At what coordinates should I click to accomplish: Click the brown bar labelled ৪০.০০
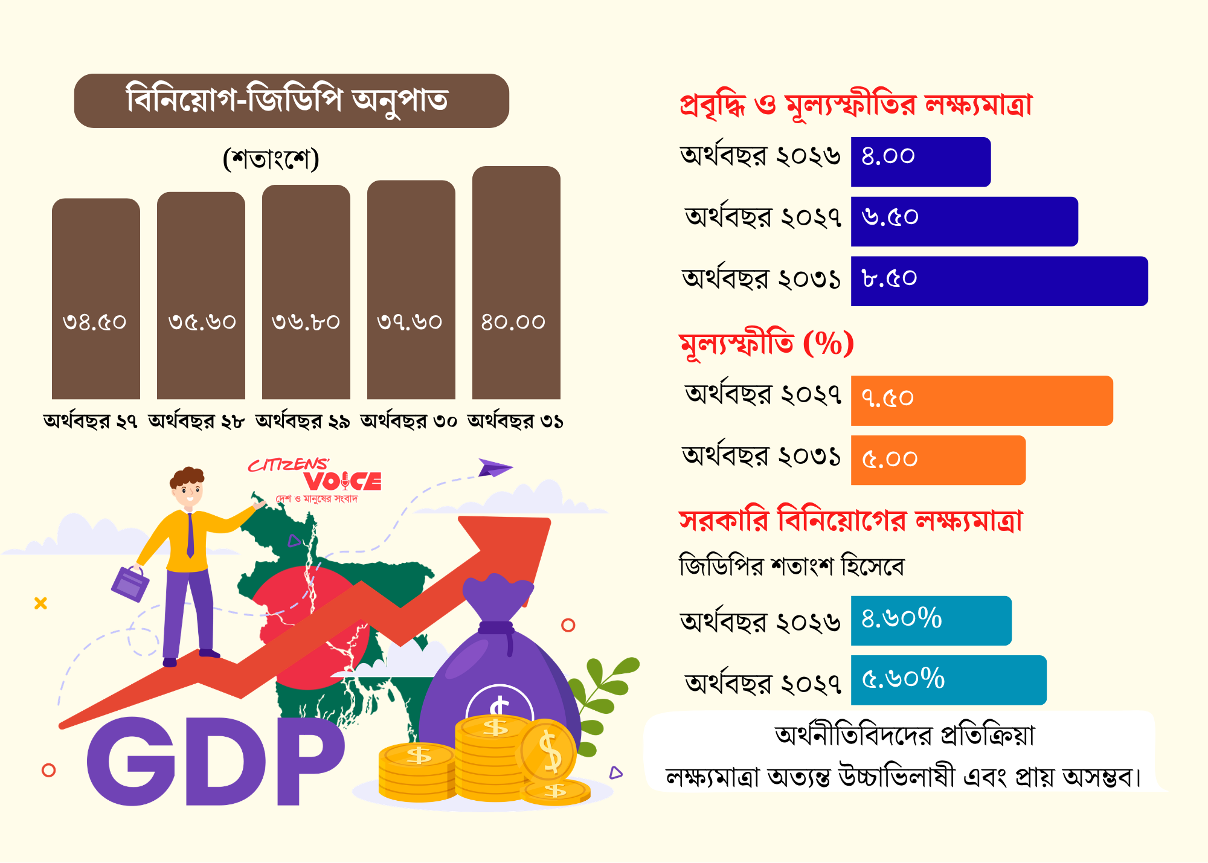click(516, 283)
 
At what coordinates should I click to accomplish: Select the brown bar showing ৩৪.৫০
click(96, 299)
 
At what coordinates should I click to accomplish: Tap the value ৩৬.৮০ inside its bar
click(306, 322)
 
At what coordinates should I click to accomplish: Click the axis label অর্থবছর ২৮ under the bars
click(196, 420)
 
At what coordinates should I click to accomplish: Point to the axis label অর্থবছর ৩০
click(409, 420)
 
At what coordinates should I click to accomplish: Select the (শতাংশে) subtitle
click(271, 159)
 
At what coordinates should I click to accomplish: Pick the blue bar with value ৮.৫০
click(1000, 281)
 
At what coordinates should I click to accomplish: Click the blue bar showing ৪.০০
click(921, 162)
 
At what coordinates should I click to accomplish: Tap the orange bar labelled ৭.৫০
click(982, 400)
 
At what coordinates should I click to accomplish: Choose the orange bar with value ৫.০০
click(939, 460)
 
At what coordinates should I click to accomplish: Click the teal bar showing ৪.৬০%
click(931, 621)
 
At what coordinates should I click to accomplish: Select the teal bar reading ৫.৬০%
click(949, 680)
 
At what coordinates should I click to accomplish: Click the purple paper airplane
click(495, 467)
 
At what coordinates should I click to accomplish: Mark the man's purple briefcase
click(130, 583)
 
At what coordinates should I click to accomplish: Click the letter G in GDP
click(131, 761)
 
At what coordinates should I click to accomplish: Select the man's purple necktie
click(190, 535)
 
